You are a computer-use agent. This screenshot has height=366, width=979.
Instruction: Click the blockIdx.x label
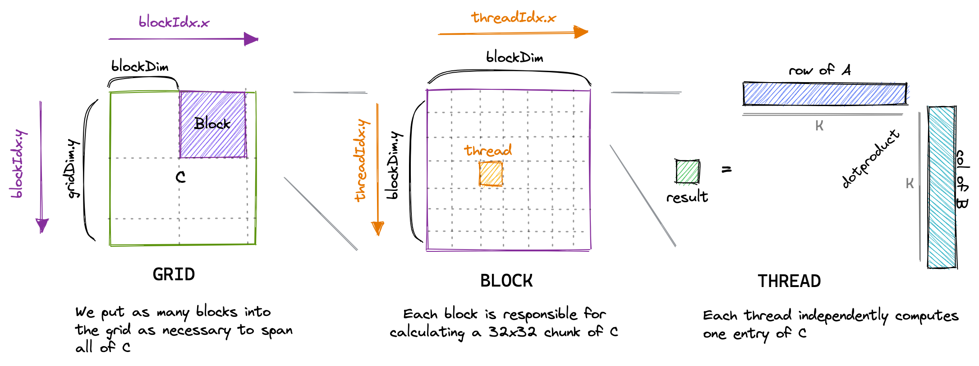click(x=174, y=22)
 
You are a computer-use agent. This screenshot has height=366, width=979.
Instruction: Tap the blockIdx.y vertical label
click(x=18, y=164)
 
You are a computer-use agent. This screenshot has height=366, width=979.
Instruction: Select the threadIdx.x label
click(x=514, y=18)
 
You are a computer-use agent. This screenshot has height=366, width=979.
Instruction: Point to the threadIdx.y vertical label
click(x=361, y=160)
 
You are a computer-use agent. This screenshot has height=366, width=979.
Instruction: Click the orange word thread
click(x=488, y=150)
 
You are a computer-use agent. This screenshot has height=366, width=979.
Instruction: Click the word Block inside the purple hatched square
click(x=213, y=123)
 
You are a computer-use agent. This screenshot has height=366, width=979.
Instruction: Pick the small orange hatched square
click(x=491, y=174)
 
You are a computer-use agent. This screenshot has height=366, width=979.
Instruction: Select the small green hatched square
click(x=687, y=172)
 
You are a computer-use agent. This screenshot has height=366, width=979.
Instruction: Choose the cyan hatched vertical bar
click(x=942, y=187)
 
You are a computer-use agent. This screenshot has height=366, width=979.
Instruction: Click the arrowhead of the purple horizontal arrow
click(x=252, y=39)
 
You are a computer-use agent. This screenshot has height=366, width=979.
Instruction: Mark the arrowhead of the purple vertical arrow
click(x=42, y=225)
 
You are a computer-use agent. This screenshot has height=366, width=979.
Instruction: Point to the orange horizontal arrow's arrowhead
click(x=582, y=32)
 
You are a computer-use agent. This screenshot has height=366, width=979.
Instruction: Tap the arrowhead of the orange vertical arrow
click(x=377, y=228)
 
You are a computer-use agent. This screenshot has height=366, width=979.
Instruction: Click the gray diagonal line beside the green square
click(x=321, y=213)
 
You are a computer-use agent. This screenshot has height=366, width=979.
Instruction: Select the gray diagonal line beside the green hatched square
click(x=643, y=195)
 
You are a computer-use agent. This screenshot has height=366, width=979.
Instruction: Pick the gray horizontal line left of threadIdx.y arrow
click(x=330, y=93)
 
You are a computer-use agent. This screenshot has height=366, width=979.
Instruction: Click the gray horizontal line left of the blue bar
click(x=646, y=93)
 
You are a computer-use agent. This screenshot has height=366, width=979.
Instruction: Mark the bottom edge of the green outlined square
click(x=183, y=245)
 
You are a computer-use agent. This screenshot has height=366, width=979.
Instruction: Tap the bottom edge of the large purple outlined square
click(x=508, y=250)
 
